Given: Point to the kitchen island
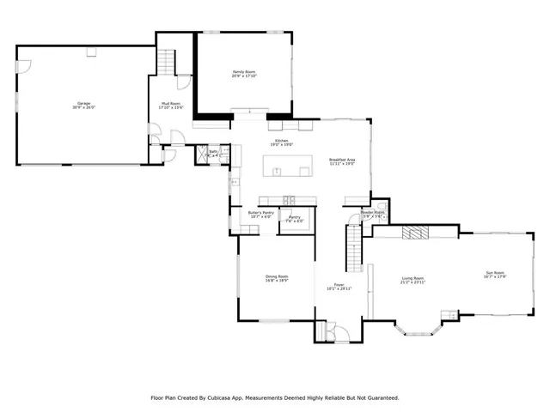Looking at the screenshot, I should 290,166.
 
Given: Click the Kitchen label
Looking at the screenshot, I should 280,140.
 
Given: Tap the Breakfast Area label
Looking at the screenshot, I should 342,159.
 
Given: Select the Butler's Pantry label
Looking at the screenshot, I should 260,212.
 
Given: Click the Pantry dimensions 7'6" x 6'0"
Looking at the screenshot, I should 295,221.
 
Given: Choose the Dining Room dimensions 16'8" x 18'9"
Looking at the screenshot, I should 276,280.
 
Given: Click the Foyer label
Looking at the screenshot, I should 339,284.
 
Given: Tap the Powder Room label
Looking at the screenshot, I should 372,212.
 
